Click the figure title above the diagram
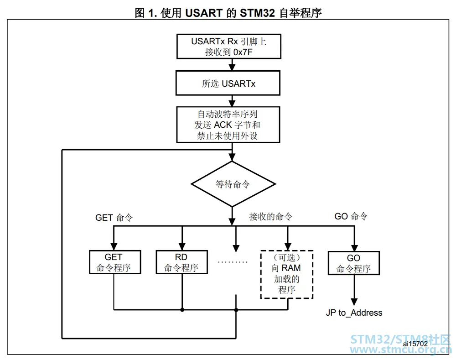(228, 13)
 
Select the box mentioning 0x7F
(228, 47)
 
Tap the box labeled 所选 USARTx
(228, 83)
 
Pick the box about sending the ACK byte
(228, 125)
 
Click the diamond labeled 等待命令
(233, 184)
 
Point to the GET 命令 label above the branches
(114, 218)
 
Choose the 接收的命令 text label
(270, 217)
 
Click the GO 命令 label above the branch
(351, 216)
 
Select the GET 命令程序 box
(114, 263)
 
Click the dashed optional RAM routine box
(286, 274)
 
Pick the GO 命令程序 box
(353, 263)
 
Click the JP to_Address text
(354, 313)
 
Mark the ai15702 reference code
(415, 343)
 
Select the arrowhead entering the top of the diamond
(233, 157)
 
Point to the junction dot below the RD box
(182, 310)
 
